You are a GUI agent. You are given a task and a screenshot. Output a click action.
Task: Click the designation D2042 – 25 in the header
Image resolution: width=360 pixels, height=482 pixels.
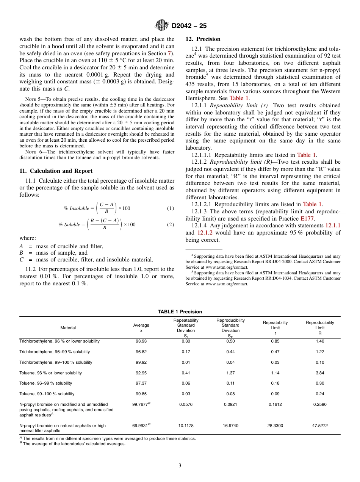189,26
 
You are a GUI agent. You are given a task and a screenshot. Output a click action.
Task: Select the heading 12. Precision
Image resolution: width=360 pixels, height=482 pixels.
203,39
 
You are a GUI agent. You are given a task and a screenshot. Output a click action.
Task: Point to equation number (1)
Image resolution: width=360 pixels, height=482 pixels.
171,208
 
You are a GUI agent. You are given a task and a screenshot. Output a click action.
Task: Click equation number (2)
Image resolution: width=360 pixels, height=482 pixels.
171,225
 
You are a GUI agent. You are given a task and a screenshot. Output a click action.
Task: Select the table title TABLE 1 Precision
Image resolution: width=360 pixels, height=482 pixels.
180,312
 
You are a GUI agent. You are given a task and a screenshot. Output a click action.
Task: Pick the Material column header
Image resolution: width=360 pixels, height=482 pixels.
68,328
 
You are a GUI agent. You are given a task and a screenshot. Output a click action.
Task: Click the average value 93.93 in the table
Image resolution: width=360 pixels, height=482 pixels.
141,341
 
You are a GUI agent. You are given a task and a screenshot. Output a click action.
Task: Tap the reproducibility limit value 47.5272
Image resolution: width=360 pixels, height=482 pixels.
320,426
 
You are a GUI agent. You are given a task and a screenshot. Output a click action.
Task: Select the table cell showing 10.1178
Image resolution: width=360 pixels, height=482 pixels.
186,426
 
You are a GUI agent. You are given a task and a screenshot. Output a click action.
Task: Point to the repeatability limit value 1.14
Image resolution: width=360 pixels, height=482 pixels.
275,373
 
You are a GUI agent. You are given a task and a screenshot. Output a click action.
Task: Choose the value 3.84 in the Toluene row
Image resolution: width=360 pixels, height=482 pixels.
320,373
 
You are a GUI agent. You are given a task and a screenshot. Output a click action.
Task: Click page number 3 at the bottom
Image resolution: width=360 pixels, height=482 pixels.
180,465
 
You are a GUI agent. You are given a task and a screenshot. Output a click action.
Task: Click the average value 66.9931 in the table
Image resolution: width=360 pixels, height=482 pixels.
140,426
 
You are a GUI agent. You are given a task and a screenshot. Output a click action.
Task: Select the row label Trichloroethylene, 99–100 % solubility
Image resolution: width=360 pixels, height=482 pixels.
56,362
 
